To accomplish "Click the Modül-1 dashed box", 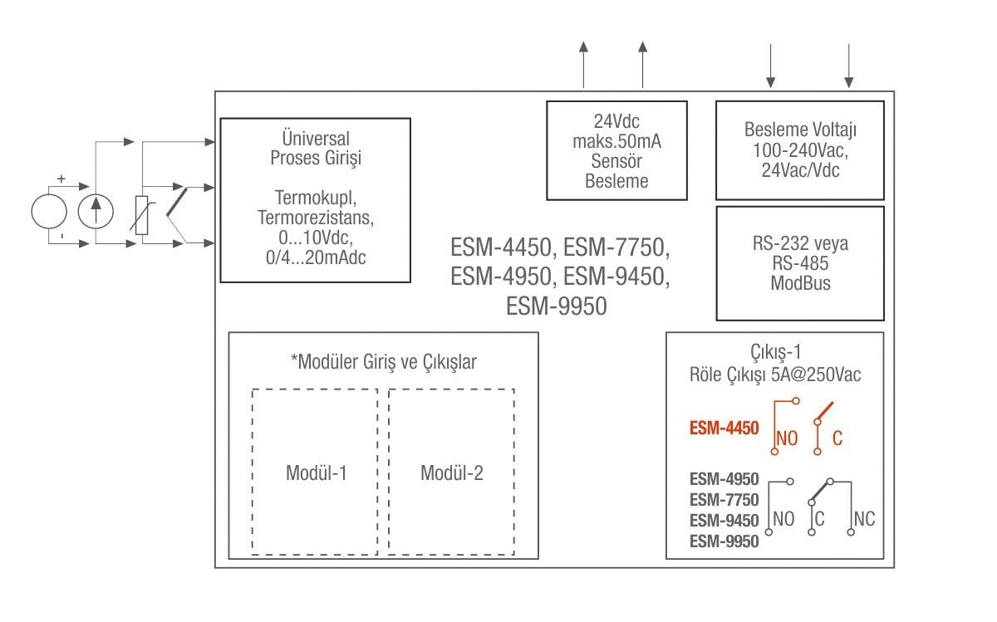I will click(x=315, y=471).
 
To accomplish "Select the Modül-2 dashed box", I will click(x=451, y=471).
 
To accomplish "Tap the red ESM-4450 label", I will click(x=724, y=429).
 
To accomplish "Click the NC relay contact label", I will click(x=864, y=520).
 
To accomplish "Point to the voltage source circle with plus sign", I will click(x=48, y=212).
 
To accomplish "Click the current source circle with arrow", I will click(x=96, y=212).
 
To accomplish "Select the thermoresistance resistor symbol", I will click(x=141, y=213).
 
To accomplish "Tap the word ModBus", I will click(x=800, y=283).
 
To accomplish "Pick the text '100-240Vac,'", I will click(x=800, y=151).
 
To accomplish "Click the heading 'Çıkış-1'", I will click(x=774, y=352).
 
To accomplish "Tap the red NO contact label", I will click(x=786, y=438).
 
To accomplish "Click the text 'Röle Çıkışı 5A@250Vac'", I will click(x=774, y=375).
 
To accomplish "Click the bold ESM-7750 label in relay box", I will click(x=724, y=500).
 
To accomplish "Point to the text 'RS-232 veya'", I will click(x=800, y=245).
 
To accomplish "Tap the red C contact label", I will click(x=837, y=438).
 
